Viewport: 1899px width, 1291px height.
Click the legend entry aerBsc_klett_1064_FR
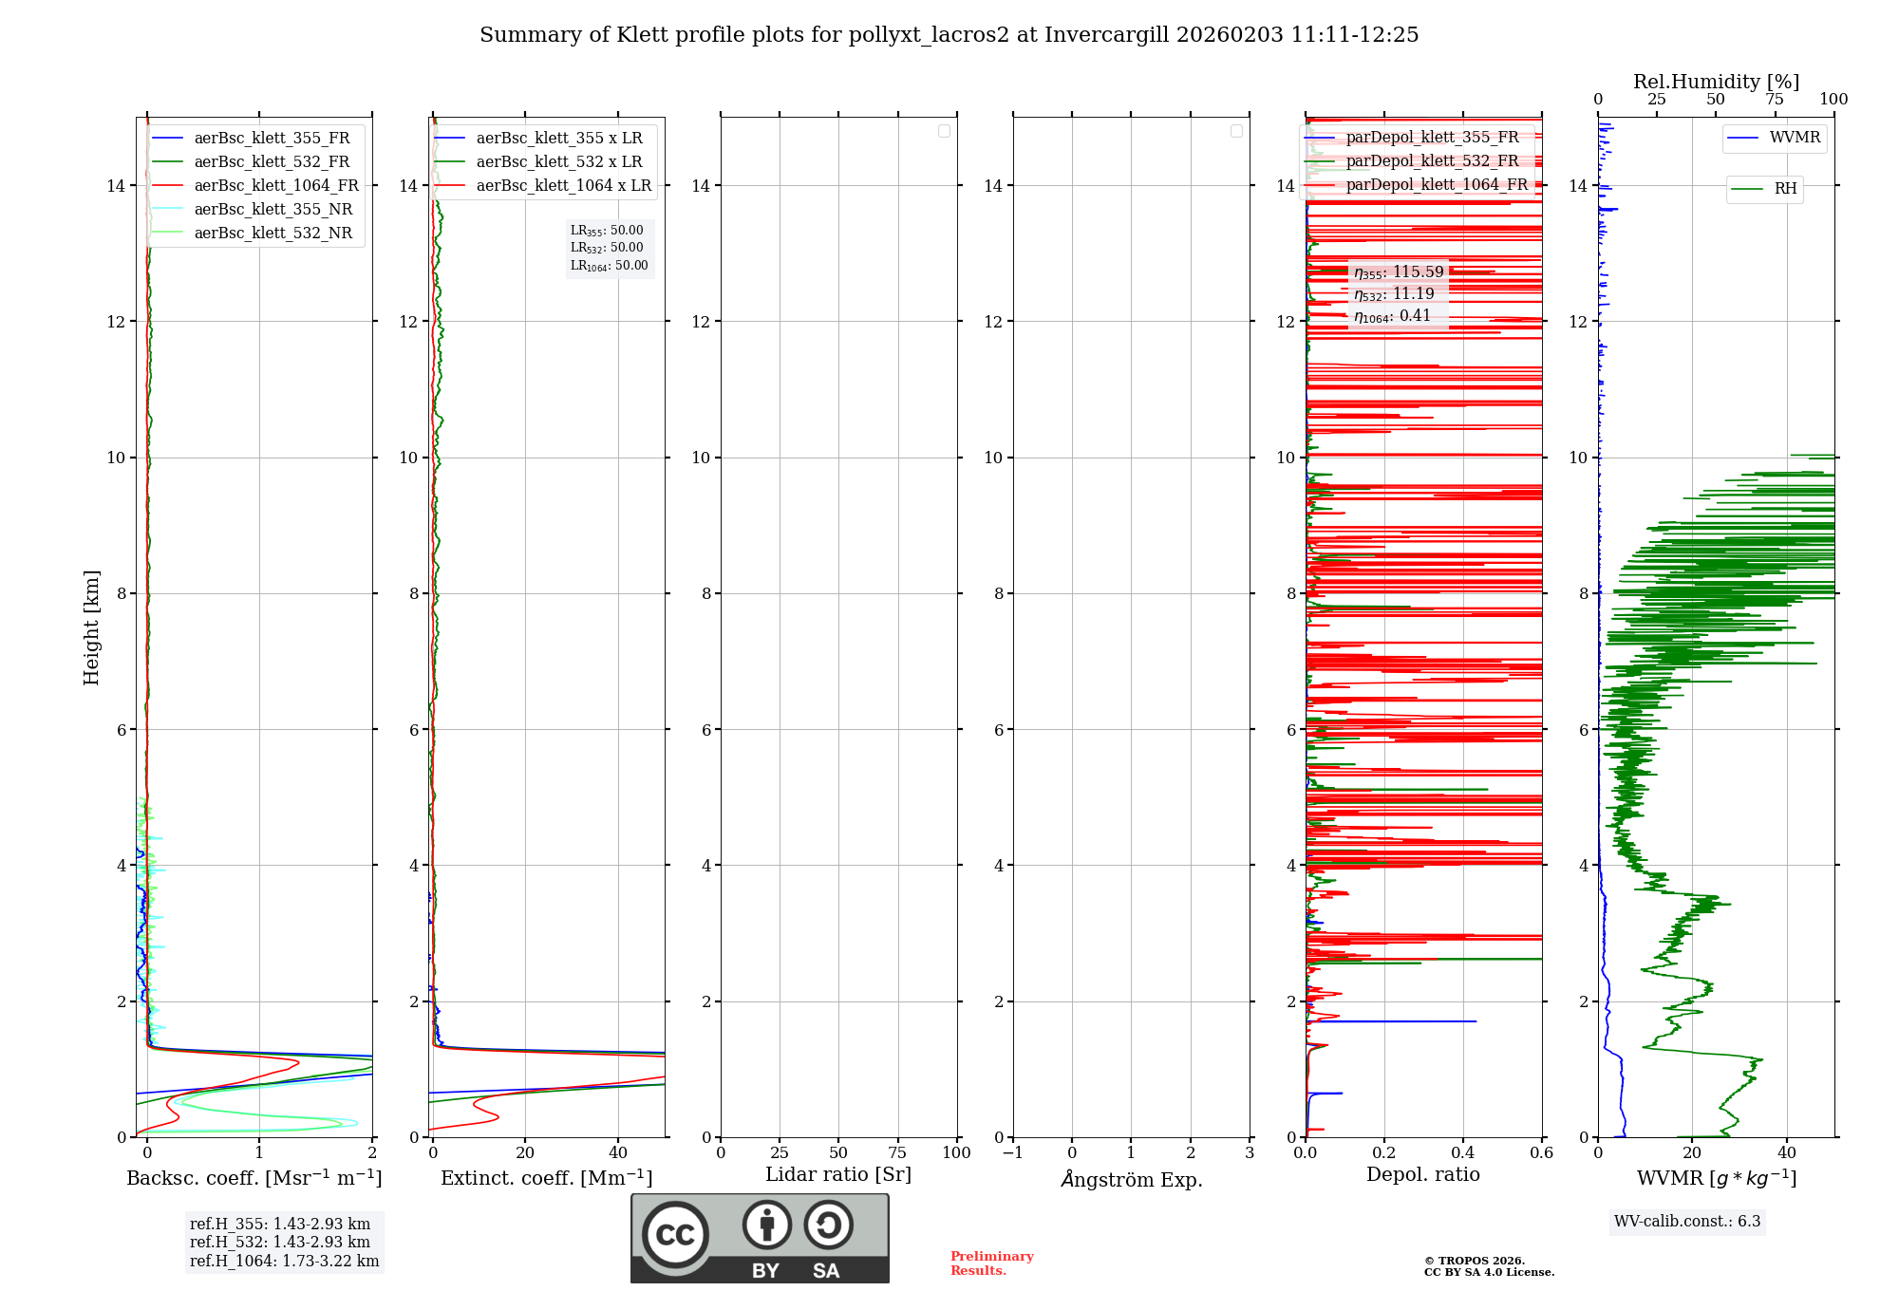pyautogui.click(x=276, y=186)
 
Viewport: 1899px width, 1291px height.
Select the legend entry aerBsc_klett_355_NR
pyautogui.click(x=273, y=210)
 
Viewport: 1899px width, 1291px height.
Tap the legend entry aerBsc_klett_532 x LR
pyautogui.click(x=558, y=162)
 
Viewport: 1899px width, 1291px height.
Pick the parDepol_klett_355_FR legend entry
pyautogui.click(x=1432, y=138)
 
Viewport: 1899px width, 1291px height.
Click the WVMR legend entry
pyautogui.click(x=1795, y=138)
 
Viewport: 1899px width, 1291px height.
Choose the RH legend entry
pyautogui.click(x=1785, y=189)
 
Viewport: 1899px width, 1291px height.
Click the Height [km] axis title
pyautogui.click(x=91, y=627)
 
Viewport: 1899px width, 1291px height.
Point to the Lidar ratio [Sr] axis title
pyautogui.click(x=838, y=1175)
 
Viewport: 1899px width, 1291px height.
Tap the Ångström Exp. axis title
pyautogui.click(x=1131, y=1180)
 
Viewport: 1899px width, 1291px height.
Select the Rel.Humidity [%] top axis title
pyautogui.click(x=1716, y=82)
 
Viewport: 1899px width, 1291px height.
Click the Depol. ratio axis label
pyautogui.click(x=1422, y=1175)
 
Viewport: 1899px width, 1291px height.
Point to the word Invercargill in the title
pyautogui.click(x=1106, y=35)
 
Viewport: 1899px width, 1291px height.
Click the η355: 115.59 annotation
pyautogui.click(x=1399, y=272)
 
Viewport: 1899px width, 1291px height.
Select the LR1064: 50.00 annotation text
pyautogui.click(x=609, y=266)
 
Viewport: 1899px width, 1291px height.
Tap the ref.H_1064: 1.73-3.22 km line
pyautogui.click(x=284, y=1262)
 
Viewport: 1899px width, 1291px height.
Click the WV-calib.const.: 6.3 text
pyautogui.click(x=1687, y=1222)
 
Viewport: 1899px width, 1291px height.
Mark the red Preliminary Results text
pyautogui.click(x=991, y=1263)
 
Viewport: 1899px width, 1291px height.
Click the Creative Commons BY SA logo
pyautogui.click(x=760, y=1238)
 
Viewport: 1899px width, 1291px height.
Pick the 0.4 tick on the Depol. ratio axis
pyautogui.click(x=1463, y=1153)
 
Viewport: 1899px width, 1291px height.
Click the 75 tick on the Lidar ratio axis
pyautogui.click(x=897, y=1153)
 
